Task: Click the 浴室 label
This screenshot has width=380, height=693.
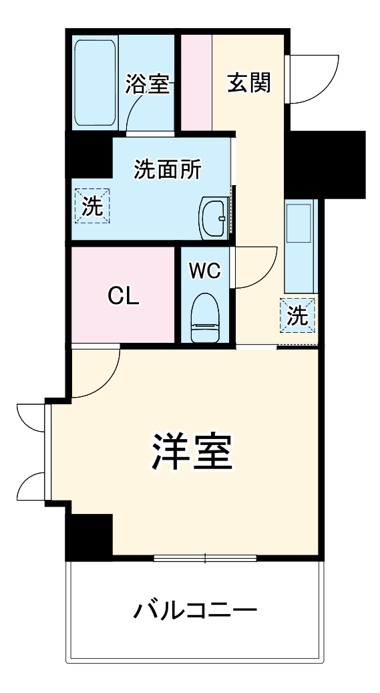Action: pos(147,84)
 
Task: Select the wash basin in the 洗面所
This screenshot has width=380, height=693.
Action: pos(214,218)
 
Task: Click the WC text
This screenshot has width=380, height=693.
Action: pos(204,271)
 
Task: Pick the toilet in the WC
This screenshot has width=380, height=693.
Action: pos(205,318)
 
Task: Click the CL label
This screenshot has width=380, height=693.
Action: pos(124,296)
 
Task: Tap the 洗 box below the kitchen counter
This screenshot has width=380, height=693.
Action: pos(298,315)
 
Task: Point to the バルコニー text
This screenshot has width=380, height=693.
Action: pos(195,611)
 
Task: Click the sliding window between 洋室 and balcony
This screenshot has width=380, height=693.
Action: pos(205,559)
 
